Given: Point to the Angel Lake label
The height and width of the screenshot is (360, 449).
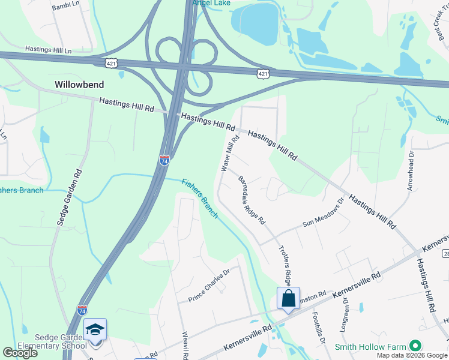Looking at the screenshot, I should coord(211,3).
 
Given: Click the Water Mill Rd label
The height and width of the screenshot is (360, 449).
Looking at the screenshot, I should coord(230,154).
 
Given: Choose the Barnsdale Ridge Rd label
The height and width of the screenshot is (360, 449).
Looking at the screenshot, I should coord(252,200).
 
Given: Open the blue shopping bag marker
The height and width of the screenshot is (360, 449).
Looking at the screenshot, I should coord(288,298).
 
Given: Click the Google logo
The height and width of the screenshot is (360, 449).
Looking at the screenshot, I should coord(20,353).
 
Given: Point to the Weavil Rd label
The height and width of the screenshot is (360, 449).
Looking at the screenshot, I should coord(185,346).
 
